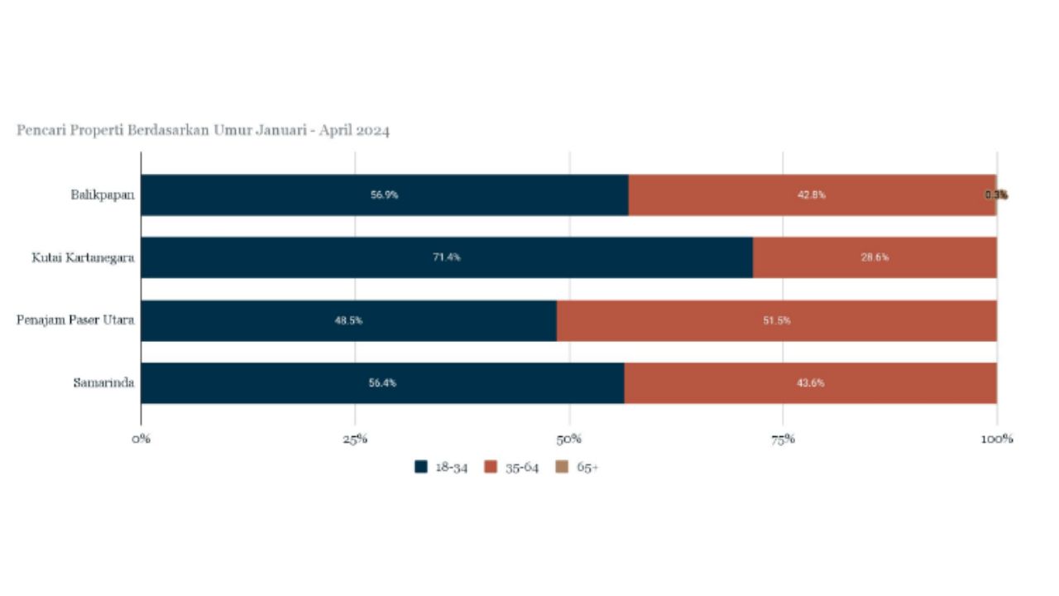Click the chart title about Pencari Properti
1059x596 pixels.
click(x=203, y=130)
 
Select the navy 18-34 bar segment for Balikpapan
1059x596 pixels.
click(x=384, y=195)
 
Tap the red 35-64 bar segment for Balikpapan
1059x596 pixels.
click(x=811, y=195)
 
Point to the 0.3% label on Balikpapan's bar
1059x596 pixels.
click(x=996, y=195)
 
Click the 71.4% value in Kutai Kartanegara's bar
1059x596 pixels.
click(x=447, y=257)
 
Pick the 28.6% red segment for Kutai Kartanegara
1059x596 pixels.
click(x=875, y=257)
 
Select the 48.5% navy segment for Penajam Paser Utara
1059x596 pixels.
click(x=348, y=320)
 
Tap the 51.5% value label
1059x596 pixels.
click(x=776, y=320)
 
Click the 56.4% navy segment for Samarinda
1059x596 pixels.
click(x=382, y=383)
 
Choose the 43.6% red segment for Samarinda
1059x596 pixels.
click(x=810, y=383)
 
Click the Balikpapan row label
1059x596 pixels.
click(x=103, y=195)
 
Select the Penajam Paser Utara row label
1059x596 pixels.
click(x=75, y=320)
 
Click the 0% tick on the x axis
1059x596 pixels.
click(x=141, y=439)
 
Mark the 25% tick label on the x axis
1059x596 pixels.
click(x=355, y=439)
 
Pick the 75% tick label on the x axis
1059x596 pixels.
click(x=783, y=439)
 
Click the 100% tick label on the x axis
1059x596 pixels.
click(x=996, y=439)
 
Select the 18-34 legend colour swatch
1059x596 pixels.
click(x=421, y=467)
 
